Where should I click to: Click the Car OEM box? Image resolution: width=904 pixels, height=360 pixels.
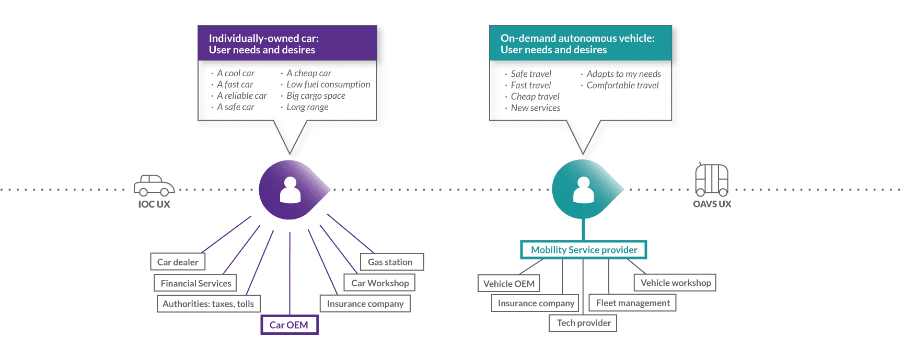pos(289,324)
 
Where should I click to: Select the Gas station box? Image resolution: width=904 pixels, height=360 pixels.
pos(391,262)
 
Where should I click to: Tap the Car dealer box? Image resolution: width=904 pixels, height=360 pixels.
pos(178,262)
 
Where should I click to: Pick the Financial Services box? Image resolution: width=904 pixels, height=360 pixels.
pos(195,283)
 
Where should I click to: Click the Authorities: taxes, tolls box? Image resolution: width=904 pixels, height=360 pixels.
pos(208,304)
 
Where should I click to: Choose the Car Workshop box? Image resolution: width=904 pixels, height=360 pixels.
pos(380,283)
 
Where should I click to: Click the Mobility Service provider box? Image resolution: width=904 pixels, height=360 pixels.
pos(584,250)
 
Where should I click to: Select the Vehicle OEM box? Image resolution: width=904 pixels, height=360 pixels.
pos(508,284)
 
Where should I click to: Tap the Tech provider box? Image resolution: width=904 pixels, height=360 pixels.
pos(583,323)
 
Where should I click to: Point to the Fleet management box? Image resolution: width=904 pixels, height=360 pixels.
pos(632,303)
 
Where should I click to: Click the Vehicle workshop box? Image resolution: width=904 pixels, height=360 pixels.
pos(675,283)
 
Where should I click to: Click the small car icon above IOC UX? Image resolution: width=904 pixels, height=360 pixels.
pos(154,185)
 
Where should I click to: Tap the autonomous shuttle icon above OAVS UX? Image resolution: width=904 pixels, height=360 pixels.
pos(712,179)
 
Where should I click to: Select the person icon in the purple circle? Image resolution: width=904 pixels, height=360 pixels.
pos(291,190)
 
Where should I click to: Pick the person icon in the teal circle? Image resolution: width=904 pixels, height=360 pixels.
pos(584,190)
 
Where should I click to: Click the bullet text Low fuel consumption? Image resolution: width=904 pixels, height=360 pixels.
pos(328,84)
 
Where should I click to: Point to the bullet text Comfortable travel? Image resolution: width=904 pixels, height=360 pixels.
pos(622,85)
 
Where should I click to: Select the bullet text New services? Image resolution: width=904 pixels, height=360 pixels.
pos(536,108)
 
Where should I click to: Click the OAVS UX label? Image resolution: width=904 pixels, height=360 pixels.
pos(712,204)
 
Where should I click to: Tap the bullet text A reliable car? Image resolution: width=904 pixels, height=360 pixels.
pos(242,96)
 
